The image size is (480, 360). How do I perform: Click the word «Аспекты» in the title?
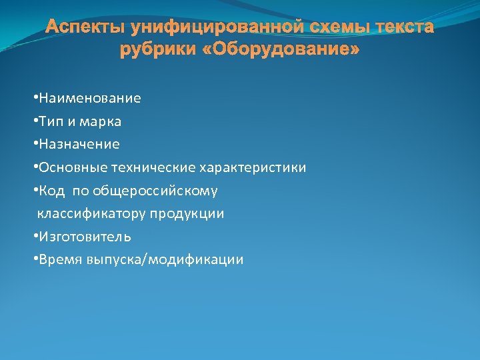tap(86, 28)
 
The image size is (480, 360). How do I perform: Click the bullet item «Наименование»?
tap(89, 99)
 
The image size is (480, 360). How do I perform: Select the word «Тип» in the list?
tap(51, 122)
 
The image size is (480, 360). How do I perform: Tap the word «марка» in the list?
tap(102, 122)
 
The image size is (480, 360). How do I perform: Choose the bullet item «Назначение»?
tap(79, 145)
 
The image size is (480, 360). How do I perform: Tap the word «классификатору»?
tap(92, 214)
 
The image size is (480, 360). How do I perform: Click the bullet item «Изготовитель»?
tap(85, 237)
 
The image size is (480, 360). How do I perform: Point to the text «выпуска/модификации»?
tap(165, 260)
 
